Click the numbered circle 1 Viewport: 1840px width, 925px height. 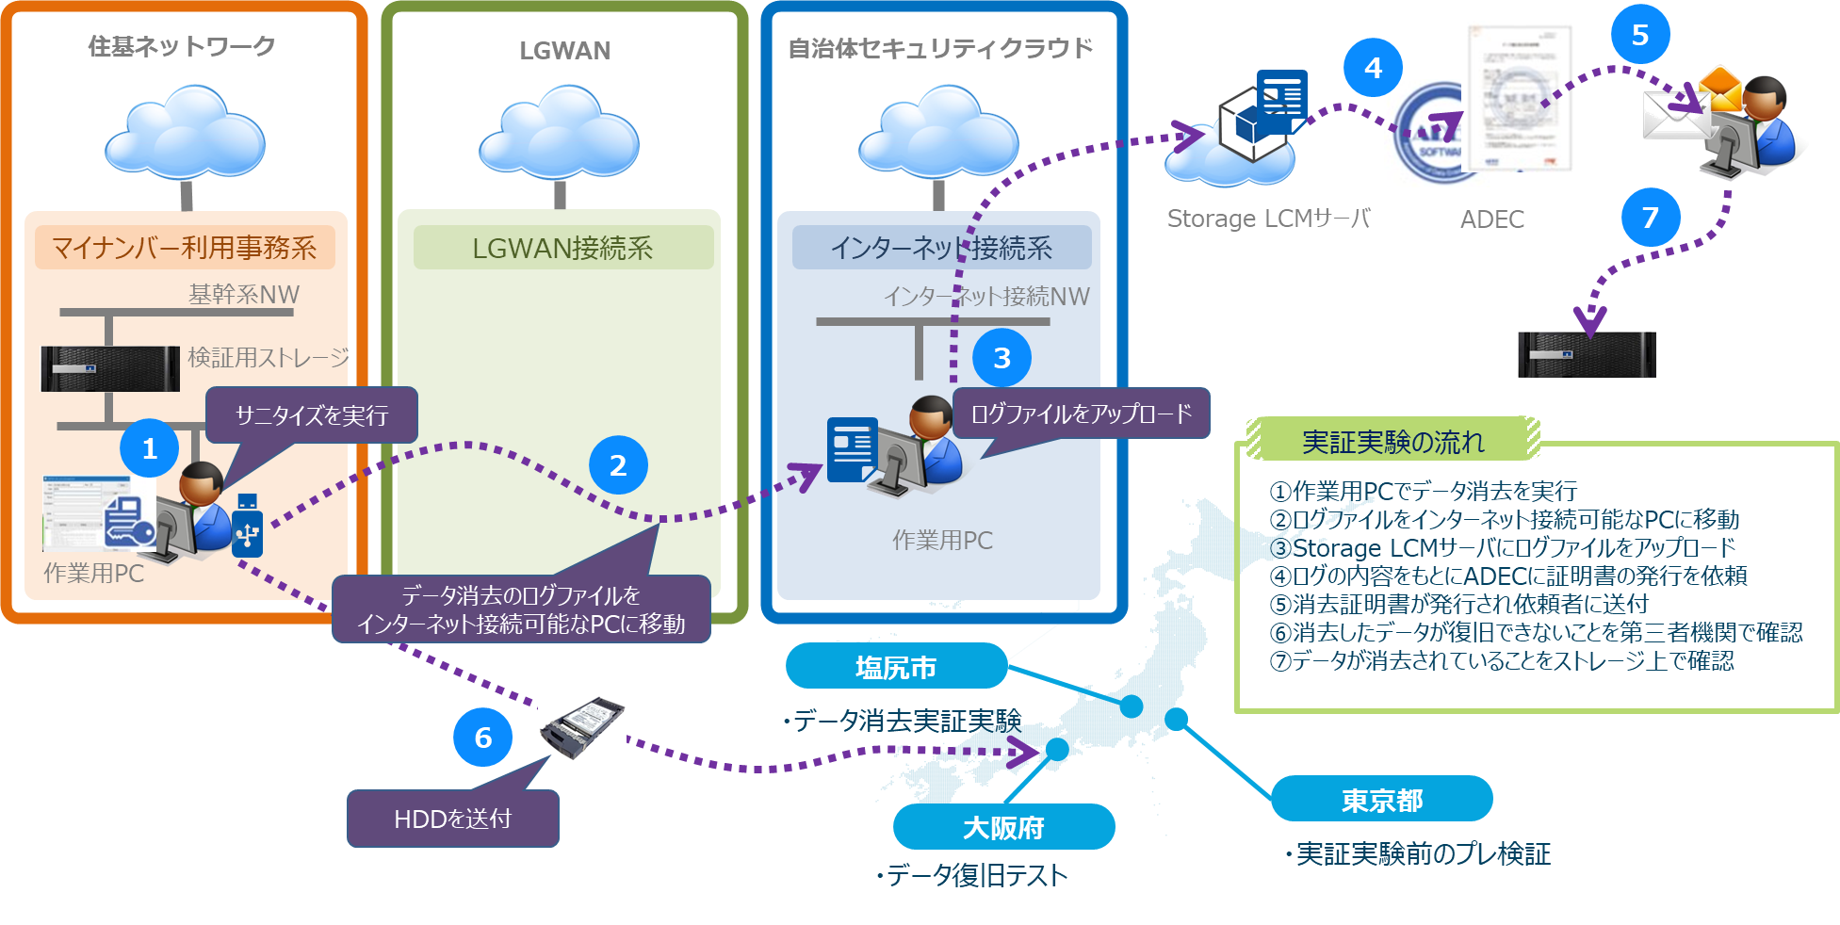click(149, 448)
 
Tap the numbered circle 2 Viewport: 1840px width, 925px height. click(618, 464)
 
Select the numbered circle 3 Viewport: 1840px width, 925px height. click(1001, 357)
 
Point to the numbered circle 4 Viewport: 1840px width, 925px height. click(1373, 68)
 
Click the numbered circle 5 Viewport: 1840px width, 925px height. click(1639, 35)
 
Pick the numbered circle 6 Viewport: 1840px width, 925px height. click(482, 737)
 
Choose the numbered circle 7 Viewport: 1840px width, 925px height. click(1650, 218)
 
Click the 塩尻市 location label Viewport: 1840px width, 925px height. click(896, 667)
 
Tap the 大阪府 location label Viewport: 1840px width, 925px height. click(1003, 827)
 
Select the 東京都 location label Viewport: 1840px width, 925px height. click(1382, 800)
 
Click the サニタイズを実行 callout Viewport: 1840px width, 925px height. click(311, 415)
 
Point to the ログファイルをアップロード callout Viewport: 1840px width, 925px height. click(1081, 414)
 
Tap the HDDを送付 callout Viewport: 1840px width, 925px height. click(452, 819)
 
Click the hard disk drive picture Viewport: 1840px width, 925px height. click(581, 727)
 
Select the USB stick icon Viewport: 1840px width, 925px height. click(247, 526)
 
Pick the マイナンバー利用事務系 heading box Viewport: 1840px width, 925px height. click(185, 248)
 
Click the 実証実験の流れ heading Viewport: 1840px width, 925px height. click(1392, 441)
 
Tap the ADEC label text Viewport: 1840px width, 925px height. click(1491, 219)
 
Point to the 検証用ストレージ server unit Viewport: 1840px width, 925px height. click(110, 368)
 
